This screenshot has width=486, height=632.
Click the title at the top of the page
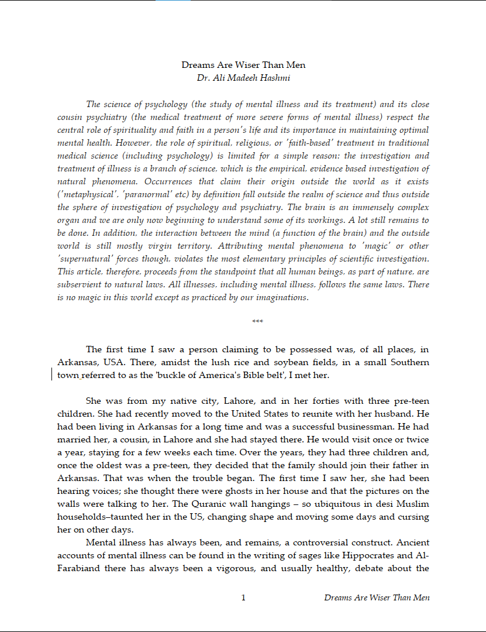(243, 65)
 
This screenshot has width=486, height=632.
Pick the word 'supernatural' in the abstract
(85, 259)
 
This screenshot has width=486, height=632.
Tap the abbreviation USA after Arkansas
(107, 362)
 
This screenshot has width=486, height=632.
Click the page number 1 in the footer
(243, 597)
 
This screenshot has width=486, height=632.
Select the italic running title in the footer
(377, 597)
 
